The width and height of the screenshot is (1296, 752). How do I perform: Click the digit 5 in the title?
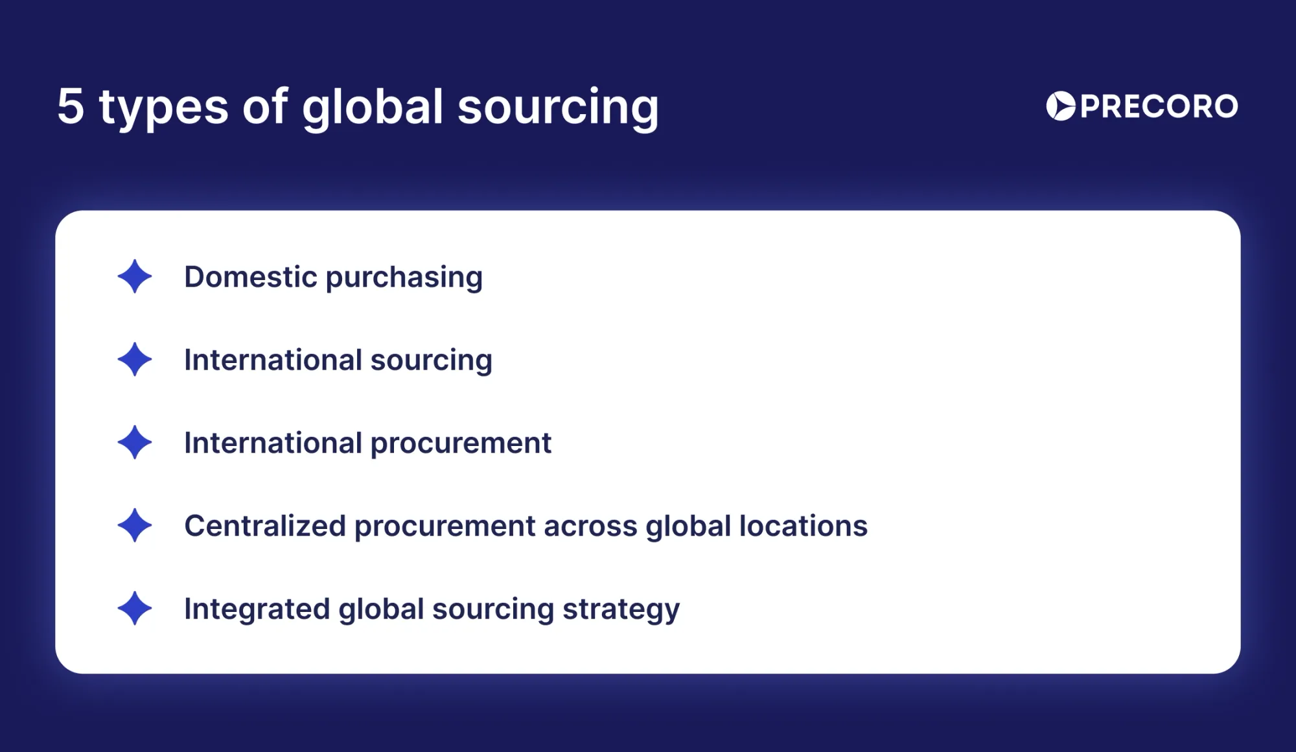tap(71, 106)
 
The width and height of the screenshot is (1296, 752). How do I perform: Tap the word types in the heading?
tap(163, 109)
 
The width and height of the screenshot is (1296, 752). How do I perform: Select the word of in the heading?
tap(265, 106)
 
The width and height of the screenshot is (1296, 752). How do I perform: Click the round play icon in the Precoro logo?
tap(1061, 106)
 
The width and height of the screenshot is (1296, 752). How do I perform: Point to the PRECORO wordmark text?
tap(1159, 106)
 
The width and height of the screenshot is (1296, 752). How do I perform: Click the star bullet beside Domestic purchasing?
tap(135, 277)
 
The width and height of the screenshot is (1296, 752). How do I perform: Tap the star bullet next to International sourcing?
tap(135, 360)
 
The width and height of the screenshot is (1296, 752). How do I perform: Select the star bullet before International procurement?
tap(135, 443)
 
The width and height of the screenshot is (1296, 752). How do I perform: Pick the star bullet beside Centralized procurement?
tap(135, 526)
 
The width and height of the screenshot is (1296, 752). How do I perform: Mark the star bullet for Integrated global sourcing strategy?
tap(135, 609)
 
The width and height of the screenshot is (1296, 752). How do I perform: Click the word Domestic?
tap(250, 277)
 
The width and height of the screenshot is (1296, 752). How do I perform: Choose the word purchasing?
tap(404, 279)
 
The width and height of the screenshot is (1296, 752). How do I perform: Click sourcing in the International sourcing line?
tap(431, 361)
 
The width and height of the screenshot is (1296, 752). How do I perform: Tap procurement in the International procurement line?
tap(461, 444)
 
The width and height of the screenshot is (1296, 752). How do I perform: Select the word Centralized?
tap(264, 526)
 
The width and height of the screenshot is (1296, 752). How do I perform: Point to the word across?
tap(590, 526)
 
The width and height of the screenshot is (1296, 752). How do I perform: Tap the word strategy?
tap(621, 610)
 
